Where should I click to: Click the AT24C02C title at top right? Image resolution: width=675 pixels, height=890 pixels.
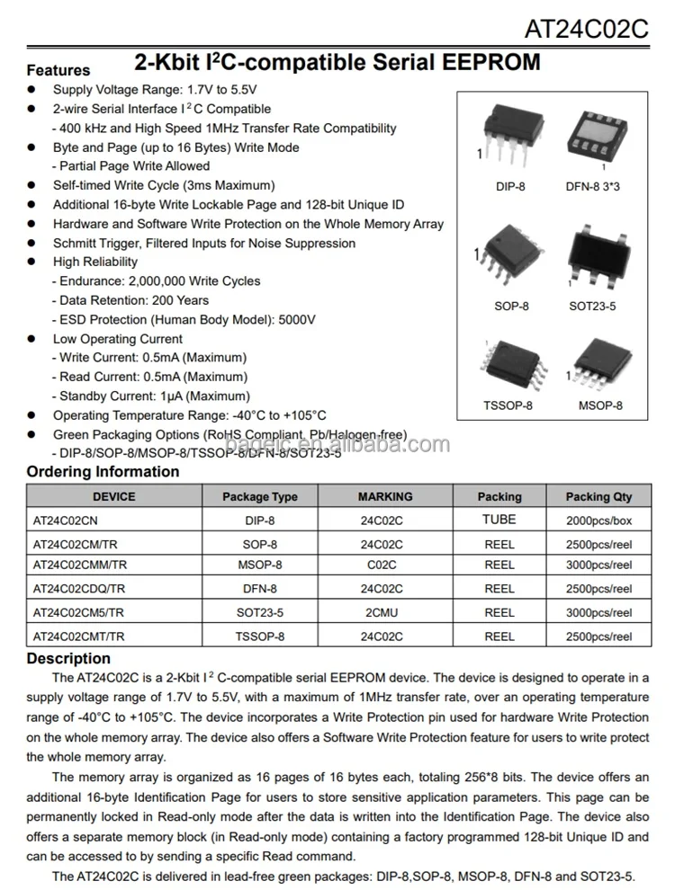tap(586, 29)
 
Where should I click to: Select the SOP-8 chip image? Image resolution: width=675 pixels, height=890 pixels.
tap(509, 257)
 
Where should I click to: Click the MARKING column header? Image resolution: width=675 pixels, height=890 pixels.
tap(385, 496)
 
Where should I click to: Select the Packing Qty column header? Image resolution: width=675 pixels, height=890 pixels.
tap(598, 496)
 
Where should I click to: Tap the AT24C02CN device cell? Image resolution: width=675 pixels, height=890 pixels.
tap(66, 521)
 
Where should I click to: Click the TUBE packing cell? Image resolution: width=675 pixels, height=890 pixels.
tap(499, 520)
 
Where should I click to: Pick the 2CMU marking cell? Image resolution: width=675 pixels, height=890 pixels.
tap(382, 612)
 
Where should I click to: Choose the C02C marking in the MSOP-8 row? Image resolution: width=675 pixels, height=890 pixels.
tap(382, 565)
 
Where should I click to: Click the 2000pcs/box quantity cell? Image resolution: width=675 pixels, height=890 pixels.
tap(598, 521)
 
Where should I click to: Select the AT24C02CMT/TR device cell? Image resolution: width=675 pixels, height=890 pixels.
tap(79, 636)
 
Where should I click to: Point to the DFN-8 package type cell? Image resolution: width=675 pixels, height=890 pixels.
tap(260, 589)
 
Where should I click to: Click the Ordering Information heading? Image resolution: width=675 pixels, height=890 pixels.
tap(103, 472)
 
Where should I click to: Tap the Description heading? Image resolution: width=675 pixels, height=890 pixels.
tap(68, 659)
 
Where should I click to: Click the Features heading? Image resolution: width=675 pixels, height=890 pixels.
tap(58, 70)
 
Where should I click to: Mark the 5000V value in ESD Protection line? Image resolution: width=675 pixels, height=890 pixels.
tap(298, 319)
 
